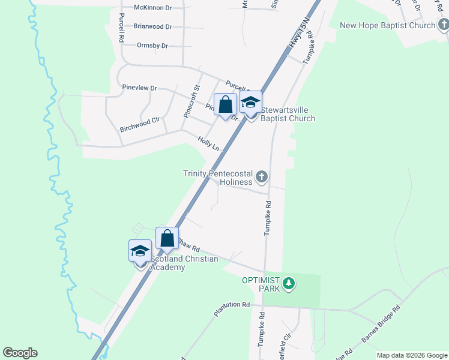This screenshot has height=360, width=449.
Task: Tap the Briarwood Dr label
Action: click(152, 26)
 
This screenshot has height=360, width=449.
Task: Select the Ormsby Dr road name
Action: click(152, 46)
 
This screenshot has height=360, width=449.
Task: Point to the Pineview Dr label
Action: click(139, 88)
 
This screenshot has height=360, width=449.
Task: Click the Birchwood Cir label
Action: click(139, 120)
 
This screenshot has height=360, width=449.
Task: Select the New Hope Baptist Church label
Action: click(387, 26)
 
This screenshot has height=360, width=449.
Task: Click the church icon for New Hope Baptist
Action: click(443, 25)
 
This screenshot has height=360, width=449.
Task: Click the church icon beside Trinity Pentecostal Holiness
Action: click(261, 177)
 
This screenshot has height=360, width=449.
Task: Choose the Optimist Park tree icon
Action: click(289, 283)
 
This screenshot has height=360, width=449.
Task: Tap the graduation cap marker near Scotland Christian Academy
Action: click(140, 250)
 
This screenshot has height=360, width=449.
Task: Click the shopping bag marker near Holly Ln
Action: click(225, 105)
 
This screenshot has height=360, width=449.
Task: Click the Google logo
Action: click(20, 353)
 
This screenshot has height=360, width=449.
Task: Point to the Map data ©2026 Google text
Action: click(411, 355)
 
